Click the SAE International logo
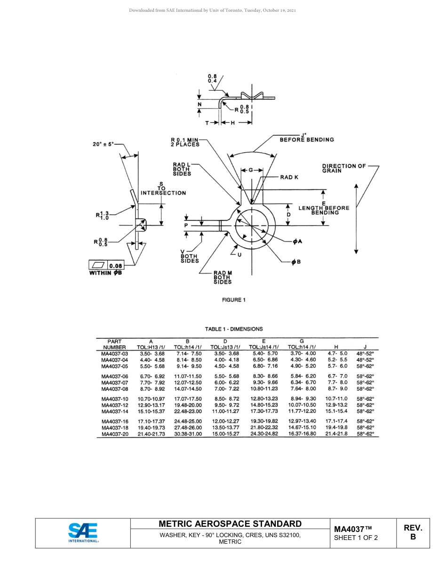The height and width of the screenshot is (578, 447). coord(83,532)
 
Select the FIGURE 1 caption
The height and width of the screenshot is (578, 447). coord(234,300)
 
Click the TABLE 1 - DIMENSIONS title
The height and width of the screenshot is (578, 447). coord(234,329)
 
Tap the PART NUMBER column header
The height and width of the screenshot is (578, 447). coord(114,344)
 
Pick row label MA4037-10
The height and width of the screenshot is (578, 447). coord(115,398)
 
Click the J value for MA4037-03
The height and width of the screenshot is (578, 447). coord(365,353)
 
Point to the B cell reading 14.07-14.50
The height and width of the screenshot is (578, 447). coord(188,389)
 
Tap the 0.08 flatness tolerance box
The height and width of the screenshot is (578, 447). coord(115,266)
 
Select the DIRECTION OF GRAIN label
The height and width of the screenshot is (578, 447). coord(344,168)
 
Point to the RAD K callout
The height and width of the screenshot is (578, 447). coord(289,177)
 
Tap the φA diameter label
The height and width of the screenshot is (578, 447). coord(297,242)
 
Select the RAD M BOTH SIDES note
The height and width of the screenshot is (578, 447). coord(223,277)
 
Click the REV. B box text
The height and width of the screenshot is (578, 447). coord(413,532)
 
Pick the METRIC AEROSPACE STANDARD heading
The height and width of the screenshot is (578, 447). coord(230,523)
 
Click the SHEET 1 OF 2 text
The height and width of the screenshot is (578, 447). coord(356,538)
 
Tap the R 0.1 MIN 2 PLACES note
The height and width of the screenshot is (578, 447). coord(185,141)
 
